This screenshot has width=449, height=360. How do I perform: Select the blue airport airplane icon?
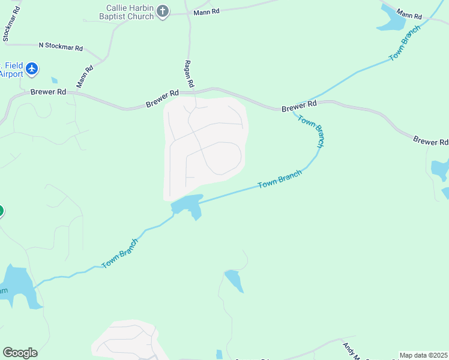coord(32,70)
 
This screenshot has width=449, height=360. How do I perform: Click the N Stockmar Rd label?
coord(61,46)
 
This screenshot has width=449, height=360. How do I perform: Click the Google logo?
coord(20,353)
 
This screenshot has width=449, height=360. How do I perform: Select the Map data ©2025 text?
coord(423,355)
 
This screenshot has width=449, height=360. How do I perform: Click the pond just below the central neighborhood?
coord(188,206)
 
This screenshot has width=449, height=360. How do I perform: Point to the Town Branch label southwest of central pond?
coord(120,254)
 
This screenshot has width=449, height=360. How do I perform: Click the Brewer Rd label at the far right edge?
coord(430,142)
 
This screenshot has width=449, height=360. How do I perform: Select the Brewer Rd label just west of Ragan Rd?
coord(162,99)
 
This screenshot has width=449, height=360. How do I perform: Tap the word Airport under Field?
coord(10,74)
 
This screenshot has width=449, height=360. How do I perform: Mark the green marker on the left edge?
coord(1,211)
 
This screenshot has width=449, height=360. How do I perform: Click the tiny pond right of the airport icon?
coord(55,80)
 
